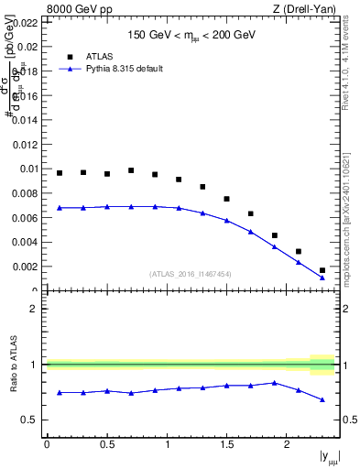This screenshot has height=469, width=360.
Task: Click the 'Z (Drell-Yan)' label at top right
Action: click(x=304, y=9)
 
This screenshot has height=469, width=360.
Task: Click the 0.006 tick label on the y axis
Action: click(x=25, y=218)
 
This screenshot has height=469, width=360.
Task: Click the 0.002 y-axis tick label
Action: click(x=25, y=267)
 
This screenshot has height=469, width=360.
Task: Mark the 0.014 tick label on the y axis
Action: click(x=25, y=120)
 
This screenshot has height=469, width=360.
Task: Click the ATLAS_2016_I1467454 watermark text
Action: click(x=191, y=273)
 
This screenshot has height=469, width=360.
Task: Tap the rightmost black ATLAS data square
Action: click(x=322, y=270)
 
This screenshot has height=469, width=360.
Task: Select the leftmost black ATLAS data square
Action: click(x=60, y=173)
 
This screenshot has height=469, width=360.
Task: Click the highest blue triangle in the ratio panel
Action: click(x=274, y=383)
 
